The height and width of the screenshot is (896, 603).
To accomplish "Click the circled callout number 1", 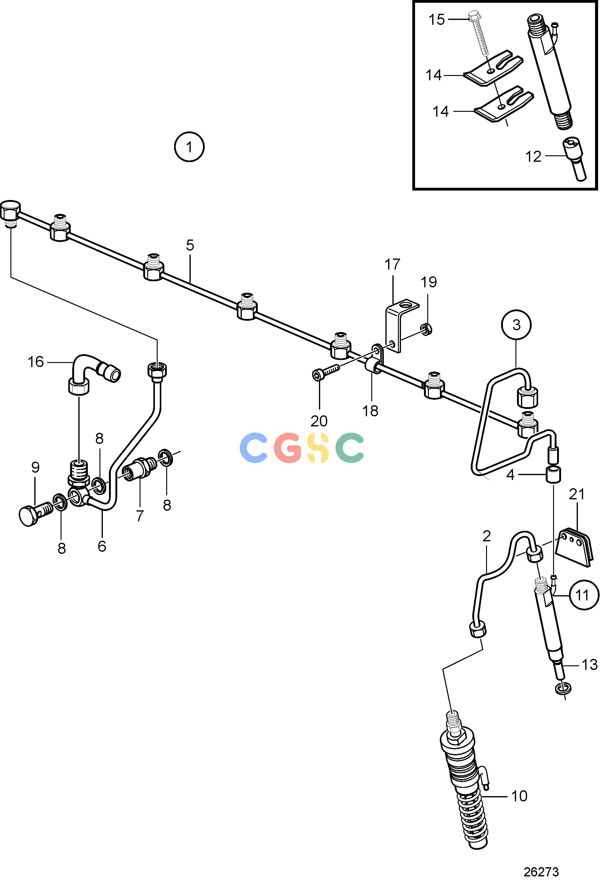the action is click(189, 147).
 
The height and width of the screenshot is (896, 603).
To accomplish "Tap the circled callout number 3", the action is click(516, 325).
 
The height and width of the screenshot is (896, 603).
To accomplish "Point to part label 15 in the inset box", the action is click(437, 19).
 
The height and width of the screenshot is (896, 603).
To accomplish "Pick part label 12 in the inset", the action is click(533, 156).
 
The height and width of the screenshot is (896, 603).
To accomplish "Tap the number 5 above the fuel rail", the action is click(190, 245).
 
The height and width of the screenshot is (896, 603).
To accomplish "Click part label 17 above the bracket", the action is click(392, 264).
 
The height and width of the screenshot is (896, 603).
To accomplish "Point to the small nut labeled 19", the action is click(426, 328).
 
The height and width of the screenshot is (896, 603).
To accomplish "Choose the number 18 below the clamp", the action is click(370, 411).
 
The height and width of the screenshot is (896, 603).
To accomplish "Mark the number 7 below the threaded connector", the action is click(140, 516).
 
